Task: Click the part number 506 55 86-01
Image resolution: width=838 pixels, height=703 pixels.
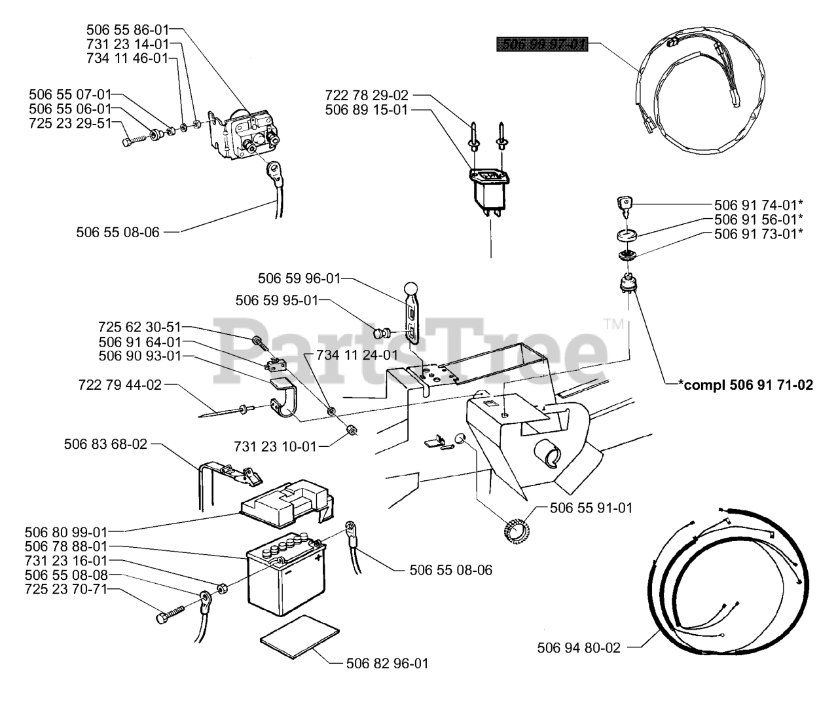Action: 127,29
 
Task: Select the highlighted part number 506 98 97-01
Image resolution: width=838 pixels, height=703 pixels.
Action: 542,45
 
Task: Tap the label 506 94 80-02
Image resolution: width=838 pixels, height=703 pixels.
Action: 578,648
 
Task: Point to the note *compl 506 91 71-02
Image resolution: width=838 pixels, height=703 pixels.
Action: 746,385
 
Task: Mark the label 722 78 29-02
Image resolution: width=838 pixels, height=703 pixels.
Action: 367,96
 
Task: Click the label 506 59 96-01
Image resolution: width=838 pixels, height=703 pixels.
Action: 299,278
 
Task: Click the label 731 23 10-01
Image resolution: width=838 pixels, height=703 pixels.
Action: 274,446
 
